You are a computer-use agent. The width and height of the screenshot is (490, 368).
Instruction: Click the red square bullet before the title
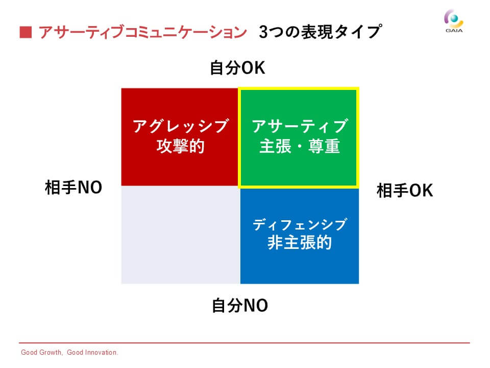click(x=26, y=32)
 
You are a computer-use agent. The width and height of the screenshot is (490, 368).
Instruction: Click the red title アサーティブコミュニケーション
click(x=142, y=32)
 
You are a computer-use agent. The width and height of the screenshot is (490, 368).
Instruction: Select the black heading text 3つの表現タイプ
click(x=321, y=32)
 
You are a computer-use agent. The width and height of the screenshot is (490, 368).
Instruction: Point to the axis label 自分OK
click(x=237, y=67)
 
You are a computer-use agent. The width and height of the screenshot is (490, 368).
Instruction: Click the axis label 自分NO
click(x=240, y=306)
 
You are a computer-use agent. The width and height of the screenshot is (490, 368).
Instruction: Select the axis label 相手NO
click(x=73, y=188)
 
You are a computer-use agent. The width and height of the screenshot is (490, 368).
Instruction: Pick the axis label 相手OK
click(x=405, y=190)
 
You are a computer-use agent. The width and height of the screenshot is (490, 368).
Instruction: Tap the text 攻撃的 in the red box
click(x=180, y=146)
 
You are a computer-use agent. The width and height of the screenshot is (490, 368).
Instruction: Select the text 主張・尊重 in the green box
click(x=300, y=146)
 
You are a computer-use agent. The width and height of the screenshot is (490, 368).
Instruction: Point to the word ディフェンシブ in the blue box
click(x=300, y=224)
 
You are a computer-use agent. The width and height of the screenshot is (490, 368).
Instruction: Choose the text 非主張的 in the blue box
click(x=300, y=242)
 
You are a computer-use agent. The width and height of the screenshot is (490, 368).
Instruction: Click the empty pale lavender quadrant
click(x=181, y=235)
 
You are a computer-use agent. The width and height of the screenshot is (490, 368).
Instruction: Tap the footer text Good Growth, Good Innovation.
click(x=69, y=352)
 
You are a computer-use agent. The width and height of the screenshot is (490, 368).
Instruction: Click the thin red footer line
click(x=244, y=343)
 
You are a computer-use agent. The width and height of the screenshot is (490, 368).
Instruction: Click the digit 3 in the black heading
click(x=263, y=32)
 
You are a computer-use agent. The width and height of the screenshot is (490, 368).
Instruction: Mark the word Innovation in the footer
click(x=101, y=352)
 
